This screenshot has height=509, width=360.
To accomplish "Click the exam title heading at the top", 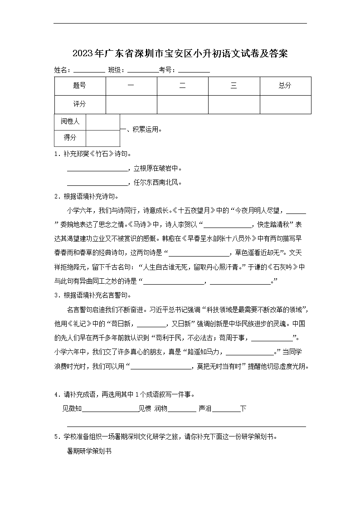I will [x=180, y=53].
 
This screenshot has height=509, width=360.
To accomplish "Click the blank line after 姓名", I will [x=89, y=71].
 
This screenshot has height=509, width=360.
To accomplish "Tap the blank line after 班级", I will [x=143, y=71].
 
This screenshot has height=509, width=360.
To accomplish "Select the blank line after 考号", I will [x=194, y=71].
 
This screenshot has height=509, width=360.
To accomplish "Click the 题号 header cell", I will [x=80, y=86].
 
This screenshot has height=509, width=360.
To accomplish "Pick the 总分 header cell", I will [x=285, y=86].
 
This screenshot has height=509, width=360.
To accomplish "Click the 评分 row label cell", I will [x=80, y=104].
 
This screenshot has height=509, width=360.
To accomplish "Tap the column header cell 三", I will [x=234, y=86].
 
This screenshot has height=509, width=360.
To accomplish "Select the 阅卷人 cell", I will [x=70, y=121].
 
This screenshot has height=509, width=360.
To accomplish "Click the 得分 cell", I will [x=70, y=138].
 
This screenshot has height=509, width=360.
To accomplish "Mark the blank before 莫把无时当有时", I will [x=161, y=366].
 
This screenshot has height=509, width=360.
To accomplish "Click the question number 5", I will [x=56, y=437].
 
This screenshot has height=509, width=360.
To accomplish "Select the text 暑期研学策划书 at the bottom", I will [x=89, y=451].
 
